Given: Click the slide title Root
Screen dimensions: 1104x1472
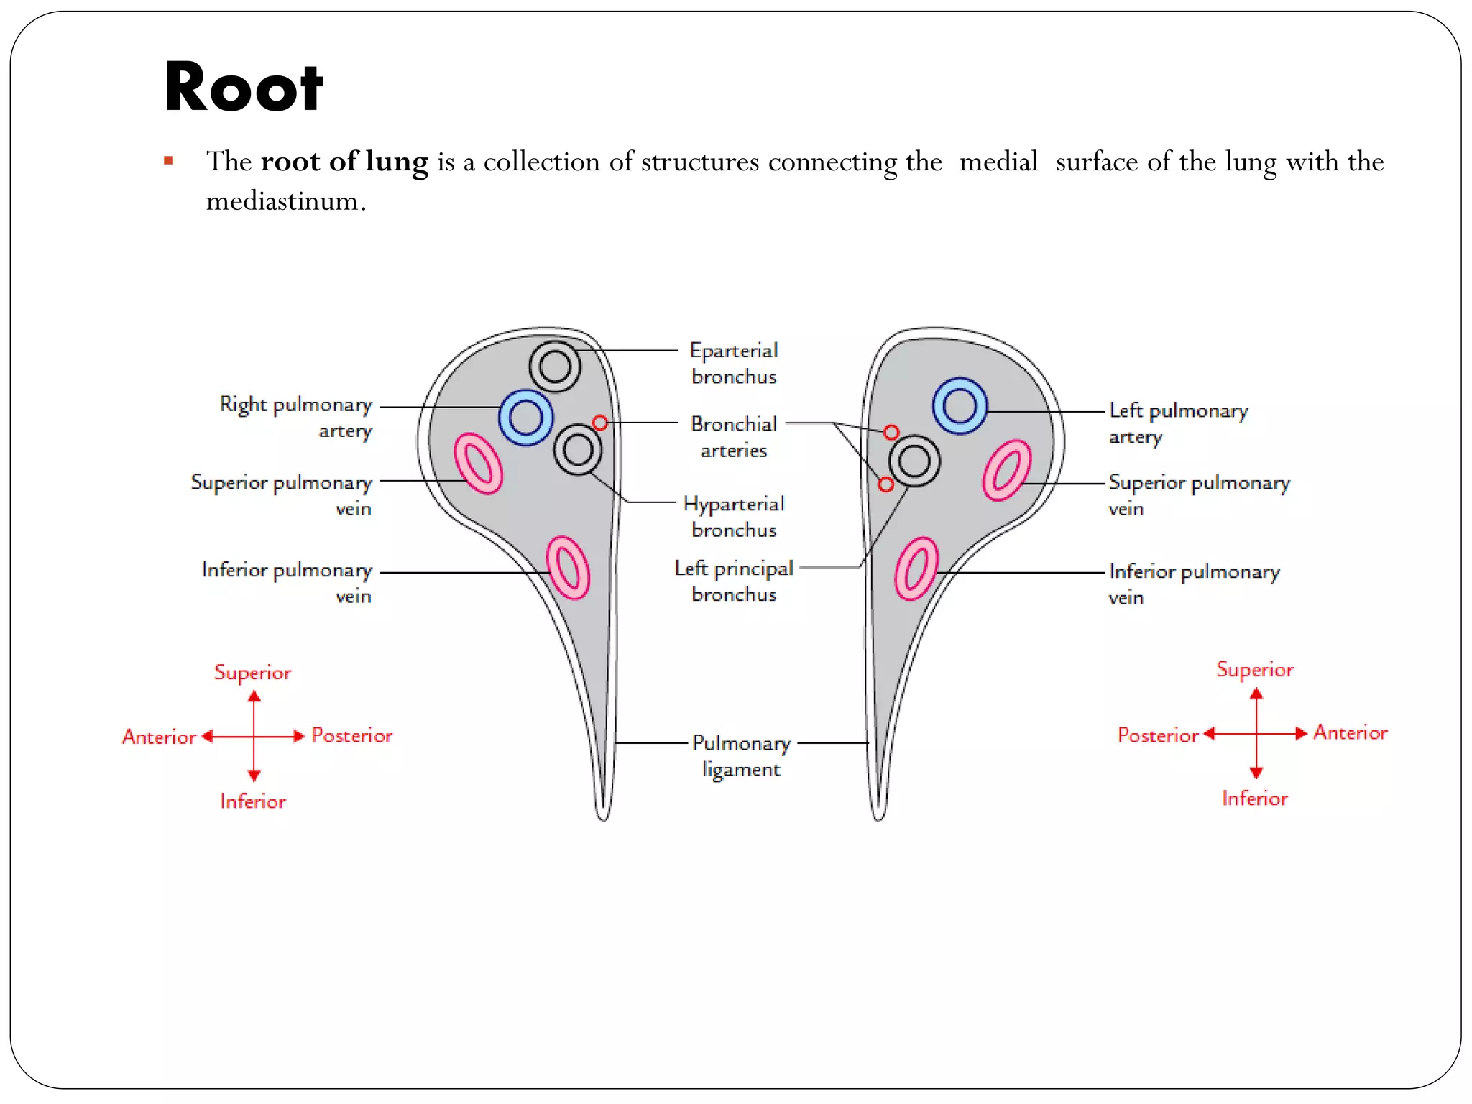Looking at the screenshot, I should [244, 88].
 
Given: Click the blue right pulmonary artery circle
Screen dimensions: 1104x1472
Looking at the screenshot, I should [526, 418].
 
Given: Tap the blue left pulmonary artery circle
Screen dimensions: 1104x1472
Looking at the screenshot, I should [960, 406].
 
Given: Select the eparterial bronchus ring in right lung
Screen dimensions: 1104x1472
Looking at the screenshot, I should [555, 367].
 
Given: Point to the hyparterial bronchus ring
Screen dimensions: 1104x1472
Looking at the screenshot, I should [578, 450].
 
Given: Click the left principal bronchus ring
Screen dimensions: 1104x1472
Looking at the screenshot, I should [914, 461].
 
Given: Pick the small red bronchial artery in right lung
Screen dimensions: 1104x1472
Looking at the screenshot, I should [599, 423].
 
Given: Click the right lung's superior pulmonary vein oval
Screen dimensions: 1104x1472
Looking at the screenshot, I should [478, 464].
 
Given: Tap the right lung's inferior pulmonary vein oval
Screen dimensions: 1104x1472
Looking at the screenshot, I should [568, 568].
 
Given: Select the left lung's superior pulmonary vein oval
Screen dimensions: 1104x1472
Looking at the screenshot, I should [1007, 470].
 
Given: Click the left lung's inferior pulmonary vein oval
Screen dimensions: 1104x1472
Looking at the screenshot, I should [916, 569].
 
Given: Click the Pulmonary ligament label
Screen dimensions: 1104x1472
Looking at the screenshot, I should [741, 755].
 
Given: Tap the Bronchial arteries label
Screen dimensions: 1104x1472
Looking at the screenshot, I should [734, 437].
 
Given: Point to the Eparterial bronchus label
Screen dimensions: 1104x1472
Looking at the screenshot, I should [734, 363].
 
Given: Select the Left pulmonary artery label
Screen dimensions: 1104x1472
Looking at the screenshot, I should [1178, 423].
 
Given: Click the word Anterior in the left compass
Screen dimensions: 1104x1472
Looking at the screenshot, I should [159, 737].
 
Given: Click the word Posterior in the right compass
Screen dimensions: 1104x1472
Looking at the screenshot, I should [1158, 735].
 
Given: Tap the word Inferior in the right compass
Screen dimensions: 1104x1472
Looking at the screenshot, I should [1255, 799].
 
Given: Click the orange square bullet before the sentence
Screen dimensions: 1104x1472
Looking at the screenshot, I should [168, 161].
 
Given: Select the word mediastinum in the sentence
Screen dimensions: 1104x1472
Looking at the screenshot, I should [282, 201].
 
